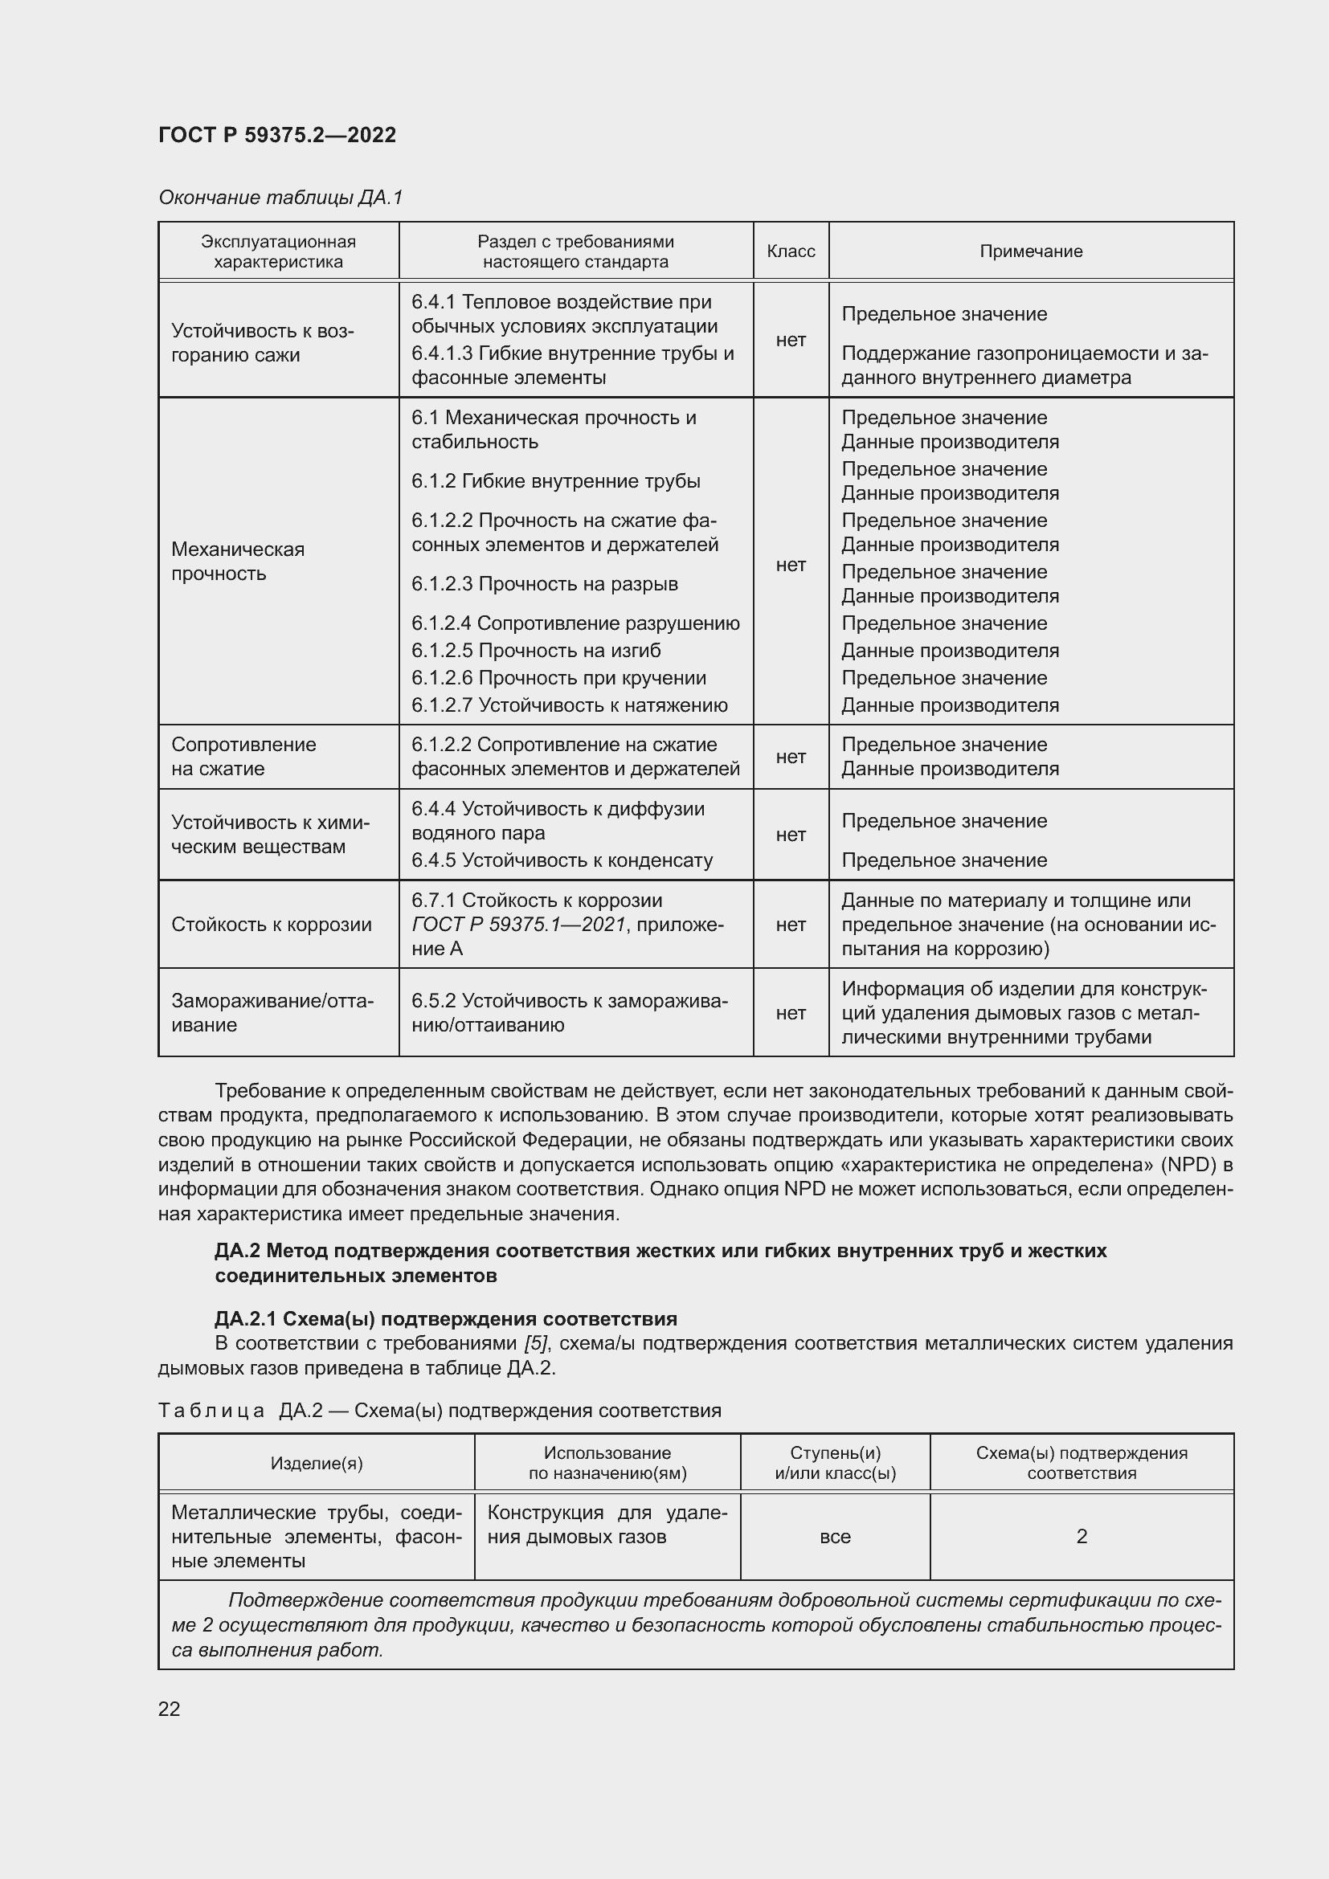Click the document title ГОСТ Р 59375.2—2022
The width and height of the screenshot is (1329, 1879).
click(276, 135)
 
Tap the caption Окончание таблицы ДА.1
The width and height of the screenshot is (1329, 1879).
click(280, 198)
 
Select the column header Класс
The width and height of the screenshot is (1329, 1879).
click(791, 251)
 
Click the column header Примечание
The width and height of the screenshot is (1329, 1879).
click(1030, 251)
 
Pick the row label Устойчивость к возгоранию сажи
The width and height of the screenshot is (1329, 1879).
click(262, 343)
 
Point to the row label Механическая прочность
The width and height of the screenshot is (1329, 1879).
click(237, 561)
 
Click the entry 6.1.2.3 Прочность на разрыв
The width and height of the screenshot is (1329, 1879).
click(544, 583)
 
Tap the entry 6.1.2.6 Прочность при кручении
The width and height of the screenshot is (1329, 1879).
click(558, 678)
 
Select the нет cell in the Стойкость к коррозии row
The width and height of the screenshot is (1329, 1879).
click(791, 924)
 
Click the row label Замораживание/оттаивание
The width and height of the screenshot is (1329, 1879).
click(272, 1012)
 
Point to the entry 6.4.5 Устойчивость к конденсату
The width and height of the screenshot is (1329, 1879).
click(562, 860)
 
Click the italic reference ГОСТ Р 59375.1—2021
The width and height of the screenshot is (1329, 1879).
click(518, 924)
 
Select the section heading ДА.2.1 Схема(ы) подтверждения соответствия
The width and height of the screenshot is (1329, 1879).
click(446, 1318)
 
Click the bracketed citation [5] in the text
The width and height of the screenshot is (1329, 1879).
click(536, 1344)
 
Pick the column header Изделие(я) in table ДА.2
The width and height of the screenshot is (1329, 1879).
click(316, 1463)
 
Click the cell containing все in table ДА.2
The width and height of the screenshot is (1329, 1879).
click(835, 1536)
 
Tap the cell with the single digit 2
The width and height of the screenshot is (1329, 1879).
click(1081, 1536)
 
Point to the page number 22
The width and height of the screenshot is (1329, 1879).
click(170, 1709)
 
